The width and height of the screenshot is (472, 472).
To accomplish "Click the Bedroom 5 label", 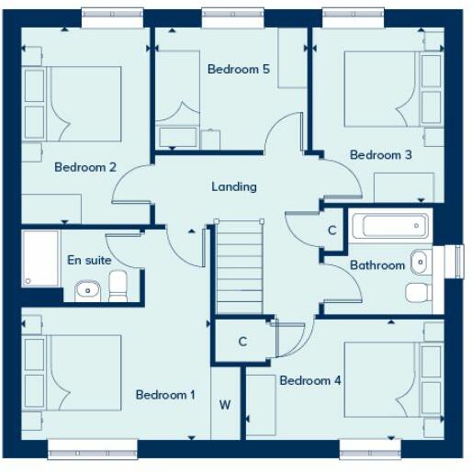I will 238,69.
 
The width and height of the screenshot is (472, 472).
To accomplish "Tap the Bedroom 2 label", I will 84,167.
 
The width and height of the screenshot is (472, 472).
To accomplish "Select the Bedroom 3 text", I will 380,155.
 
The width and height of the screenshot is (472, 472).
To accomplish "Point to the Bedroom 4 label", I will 310,380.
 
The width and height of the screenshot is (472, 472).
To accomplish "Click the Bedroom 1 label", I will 165,395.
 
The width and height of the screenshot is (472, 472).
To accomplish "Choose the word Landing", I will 234,186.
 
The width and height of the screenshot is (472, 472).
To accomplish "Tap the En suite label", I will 89,260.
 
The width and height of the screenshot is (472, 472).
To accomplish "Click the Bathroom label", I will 376,265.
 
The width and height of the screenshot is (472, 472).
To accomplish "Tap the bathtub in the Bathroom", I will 391,226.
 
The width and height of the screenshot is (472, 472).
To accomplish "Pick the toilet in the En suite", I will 118,290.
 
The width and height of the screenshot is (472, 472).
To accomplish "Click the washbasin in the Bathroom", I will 420,262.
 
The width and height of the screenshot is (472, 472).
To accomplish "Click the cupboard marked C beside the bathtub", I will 332,230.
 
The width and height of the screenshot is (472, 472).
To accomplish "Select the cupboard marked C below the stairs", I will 242,342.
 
